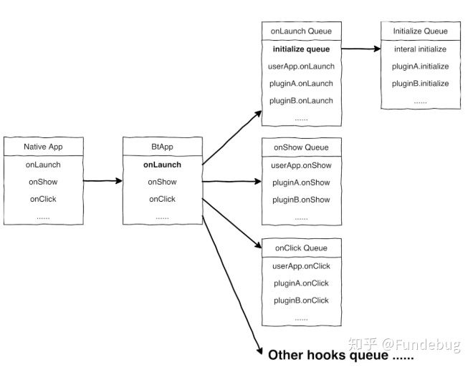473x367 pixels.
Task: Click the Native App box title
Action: point(43,147)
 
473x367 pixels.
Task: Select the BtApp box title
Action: point(162,147)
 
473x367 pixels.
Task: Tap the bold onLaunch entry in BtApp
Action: point(162,165)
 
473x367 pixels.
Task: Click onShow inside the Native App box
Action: point(43,182)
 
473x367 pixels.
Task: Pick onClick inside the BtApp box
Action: point(162,199)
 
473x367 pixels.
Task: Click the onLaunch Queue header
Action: point(301,31)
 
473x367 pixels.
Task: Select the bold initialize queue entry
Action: point(301,49)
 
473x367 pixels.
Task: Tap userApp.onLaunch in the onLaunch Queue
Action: point(301,67)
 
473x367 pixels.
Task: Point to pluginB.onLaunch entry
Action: point(301,101)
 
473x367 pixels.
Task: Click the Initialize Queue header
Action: point(420,31)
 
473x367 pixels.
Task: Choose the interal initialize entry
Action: point(420,49)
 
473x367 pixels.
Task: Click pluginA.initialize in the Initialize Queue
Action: point(420,67)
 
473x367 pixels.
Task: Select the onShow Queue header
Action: point(301,147)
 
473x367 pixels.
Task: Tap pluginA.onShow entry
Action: point(301,182)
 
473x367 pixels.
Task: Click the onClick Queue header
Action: point(301,248)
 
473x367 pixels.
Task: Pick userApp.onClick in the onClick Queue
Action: point(301,266)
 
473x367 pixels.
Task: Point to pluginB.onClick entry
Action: point(301,300)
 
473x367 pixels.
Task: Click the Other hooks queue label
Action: point(341,356)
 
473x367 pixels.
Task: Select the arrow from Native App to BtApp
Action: point(102,181)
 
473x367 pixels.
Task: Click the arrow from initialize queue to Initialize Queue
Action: point(361,49)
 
